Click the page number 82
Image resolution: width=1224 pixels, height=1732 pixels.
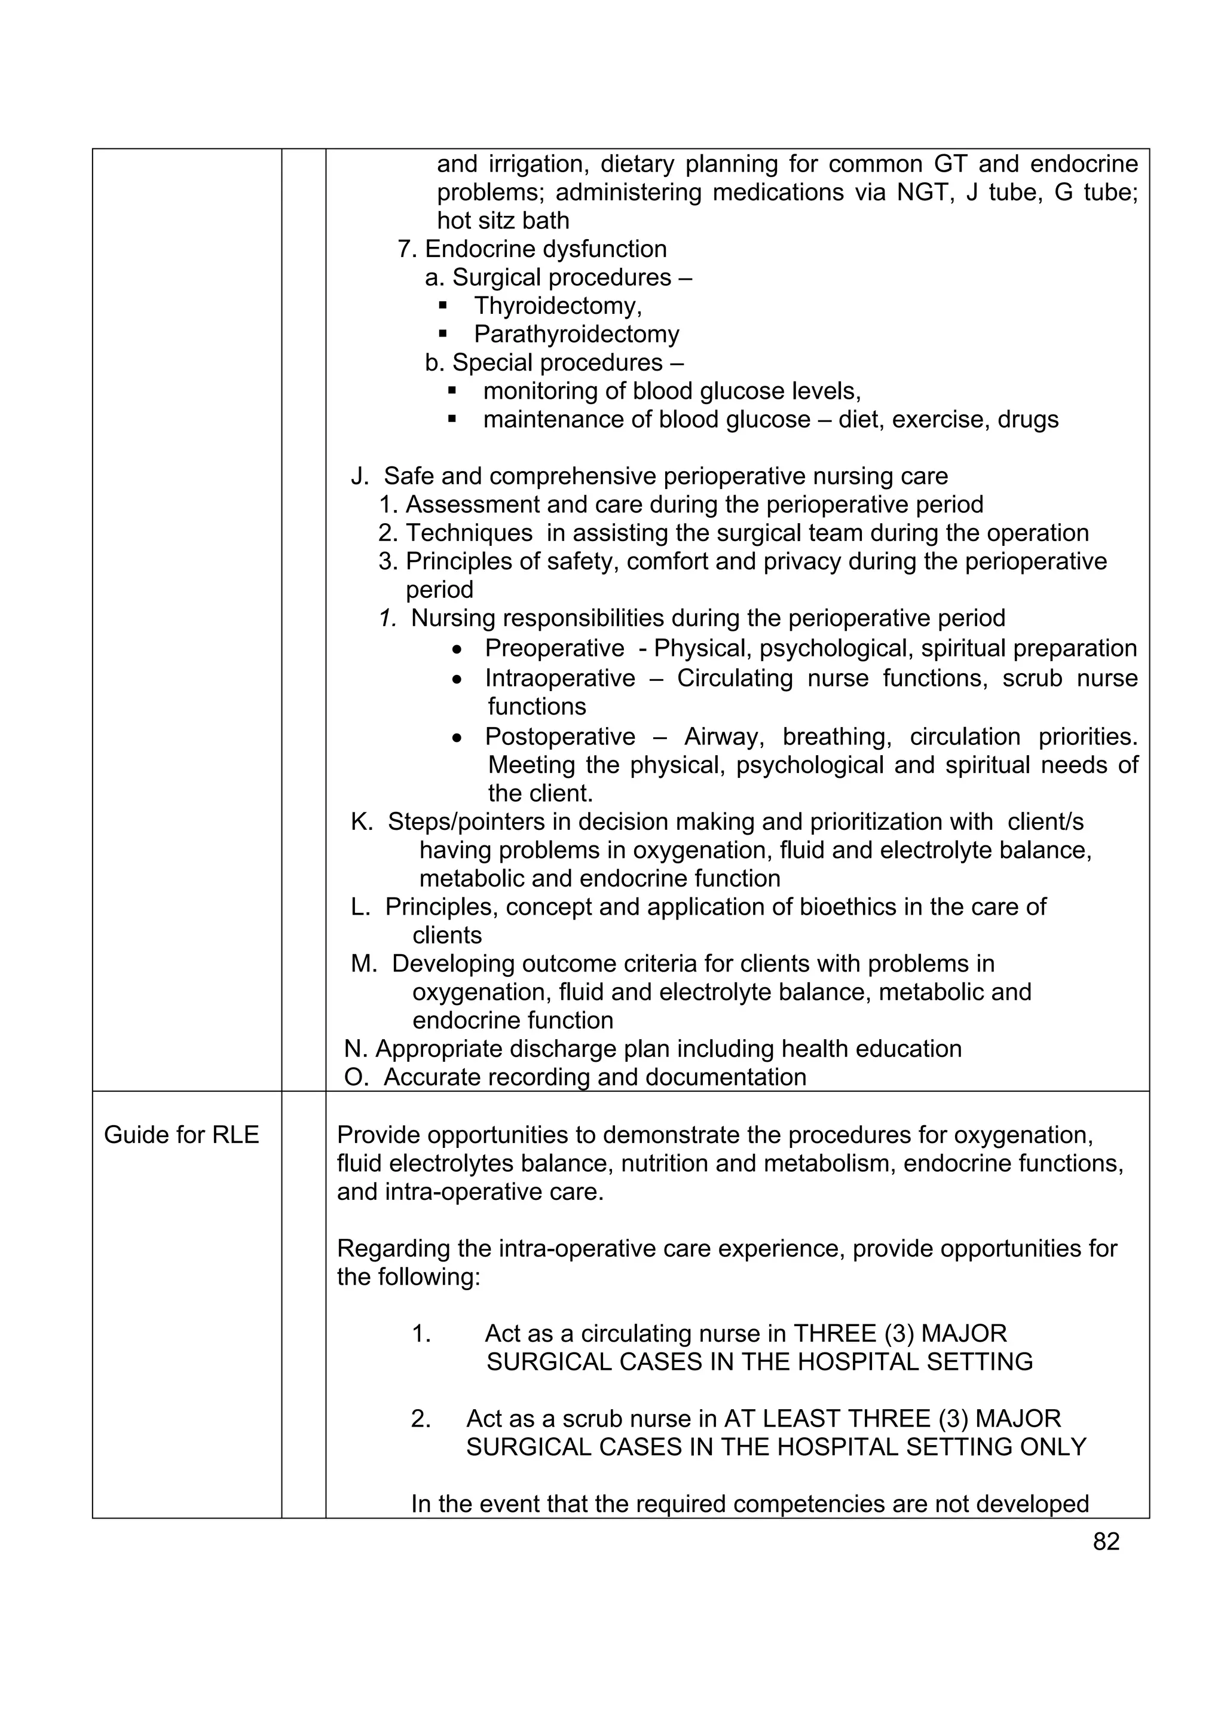[1106, 1541]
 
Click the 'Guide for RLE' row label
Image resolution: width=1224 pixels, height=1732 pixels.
[181, 1135]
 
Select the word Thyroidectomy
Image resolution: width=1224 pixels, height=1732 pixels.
[556, 306]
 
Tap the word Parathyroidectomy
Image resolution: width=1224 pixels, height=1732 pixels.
[576, 334]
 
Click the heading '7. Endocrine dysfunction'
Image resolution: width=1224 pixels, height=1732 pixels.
[532, 249]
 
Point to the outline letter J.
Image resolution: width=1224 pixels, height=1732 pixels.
[359, 476]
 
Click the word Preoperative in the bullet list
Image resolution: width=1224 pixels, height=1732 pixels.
[553, 649]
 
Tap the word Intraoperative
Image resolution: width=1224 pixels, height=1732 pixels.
[559, 678]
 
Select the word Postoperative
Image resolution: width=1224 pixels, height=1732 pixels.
[559, 736]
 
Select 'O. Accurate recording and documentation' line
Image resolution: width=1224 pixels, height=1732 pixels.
[575, 1077]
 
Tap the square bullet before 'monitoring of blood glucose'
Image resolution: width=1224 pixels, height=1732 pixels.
[452, 391]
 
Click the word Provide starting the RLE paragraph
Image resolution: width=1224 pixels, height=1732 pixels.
[378, 1135]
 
